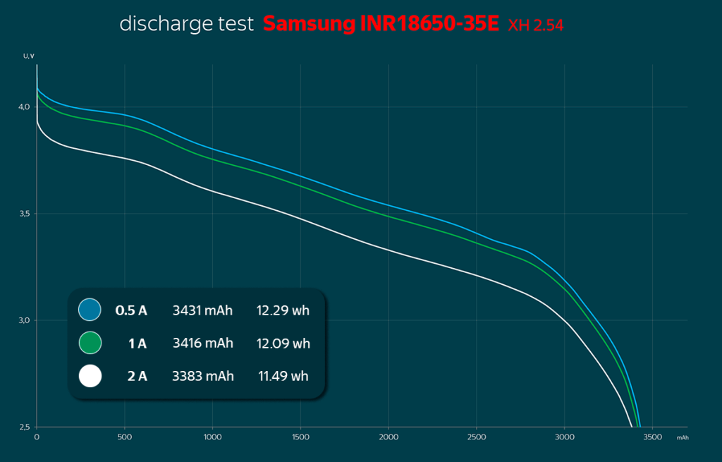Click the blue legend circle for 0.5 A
[90, 310]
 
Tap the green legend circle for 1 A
[90, 344]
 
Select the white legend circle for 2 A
[90, 376]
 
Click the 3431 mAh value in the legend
[202, 310]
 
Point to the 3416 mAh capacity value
[202, 344]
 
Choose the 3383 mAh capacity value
[202, 376]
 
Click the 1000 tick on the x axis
[213, 438]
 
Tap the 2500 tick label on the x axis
[477, 438]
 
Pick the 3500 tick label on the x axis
[652, 438]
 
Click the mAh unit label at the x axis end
[683, 438]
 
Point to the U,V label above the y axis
[27, 56]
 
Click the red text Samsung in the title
[309, 24]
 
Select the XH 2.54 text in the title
[535, 26]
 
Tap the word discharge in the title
[156, 24]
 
